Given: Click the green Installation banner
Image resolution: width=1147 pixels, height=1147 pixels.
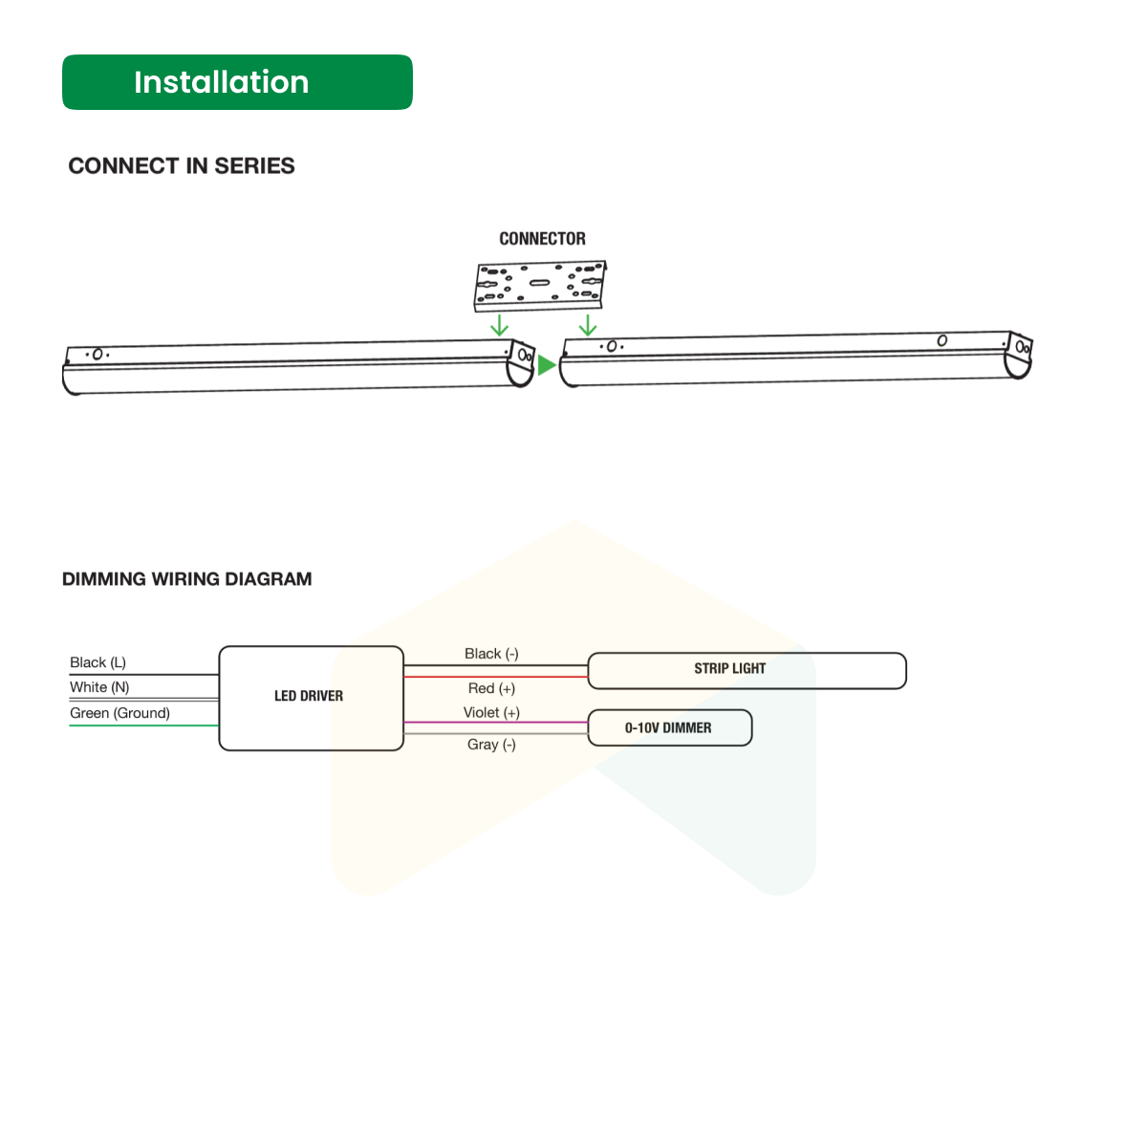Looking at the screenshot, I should (237, 82).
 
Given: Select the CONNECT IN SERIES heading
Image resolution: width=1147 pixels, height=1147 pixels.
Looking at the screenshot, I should (182, 166).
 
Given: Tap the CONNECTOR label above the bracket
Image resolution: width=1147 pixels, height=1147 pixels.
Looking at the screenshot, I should (542, 239).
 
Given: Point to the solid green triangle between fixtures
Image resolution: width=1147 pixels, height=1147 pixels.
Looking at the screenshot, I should (546, 365).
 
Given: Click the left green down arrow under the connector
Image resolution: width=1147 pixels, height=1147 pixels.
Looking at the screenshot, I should (499, 325).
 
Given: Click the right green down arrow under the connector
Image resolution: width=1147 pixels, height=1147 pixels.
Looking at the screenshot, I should (588, 325).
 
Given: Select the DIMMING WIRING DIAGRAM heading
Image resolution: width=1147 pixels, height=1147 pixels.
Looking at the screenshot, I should (187, 579).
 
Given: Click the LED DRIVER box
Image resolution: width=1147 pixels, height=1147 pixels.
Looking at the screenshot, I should (311, 698).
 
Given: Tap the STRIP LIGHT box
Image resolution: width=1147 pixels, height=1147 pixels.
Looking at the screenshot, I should (747, 670).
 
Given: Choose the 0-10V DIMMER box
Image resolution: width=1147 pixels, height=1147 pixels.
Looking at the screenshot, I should (669, 727).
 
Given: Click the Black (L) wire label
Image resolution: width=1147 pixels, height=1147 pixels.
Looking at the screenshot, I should (97, 662).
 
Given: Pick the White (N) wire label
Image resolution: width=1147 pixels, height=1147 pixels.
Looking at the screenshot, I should (99, 687).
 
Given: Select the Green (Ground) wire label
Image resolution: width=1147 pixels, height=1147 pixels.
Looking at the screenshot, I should (119, 713).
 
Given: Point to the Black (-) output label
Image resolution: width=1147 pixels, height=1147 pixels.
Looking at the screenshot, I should (491, 654).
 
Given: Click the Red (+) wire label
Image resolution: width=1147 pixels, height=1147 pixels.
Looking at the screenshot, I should (491, 688).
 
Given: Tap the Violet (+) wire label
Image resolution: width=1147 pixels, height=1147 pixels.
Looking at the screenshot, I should (491, 713).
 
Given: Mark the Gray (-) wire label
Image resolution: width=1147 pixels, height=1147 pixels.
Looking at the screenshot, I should (491, 745).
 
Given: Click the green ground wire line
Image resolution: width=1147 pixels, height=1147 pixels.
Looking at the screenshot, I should (143, 725).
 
